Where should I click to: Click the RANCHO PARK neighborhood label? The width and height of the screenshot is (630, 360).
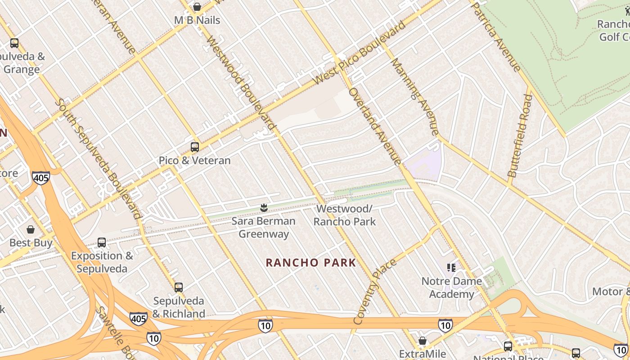click(x=310, y=263)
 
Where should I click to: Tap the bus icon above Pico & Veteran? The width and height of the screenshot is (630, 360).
click(x=195, y=147)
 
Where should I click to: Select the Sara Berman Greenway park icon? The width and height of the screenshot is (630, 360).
click(x=264, y=208)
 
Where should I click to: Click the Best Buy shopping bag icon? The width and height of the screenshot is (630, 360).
click(x=31, y=229)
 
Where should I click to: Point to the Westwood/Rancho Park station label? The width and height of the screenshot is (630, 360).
click(x=345, y=215)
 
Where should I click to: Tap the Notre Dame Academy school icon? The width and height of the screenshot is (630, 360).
click(x=452, y=268)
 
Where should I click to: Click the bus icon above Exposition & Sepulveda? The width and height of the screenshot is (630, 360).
click(x=102, y=243)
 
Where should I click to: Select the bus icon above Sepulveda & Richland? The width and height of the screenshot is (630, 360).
click(x=179, y=287)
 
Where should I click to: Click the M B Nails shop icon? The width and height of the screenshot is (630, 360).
click(x=197, y=7)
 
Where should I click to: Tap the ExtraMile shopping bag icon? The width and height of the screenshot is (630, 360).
click(x=422, y=341)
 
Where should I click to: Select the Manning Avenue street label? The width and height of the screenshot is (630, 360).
click(x=415, y=96)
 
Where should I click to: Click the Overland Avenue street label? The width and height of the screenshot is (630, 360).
click(x=374, y=126)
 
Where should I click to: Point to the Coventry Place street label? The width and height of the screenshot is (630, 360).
click(x=374, y=291)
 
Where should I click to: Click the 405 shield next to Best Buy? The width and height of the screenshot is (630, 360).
click(x=40, y=178)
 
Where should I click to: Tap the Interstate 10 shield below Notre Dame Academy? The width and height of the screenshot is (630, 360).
click(x=445, y=325)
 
